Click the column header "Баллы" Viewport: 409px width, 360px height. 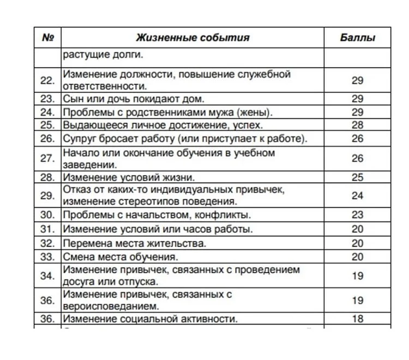pos(357,38)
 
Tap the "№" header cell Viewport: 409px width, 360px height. pos(48,38)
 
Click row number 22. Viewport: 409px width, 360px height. pos(48,80)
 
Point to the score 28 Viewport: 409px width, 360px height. pos(357,125)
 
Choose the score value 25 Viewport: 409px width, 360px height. pos(357,177)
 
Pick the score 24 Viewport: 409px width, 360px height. pos(357,196)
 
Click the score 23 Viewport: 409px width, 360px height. pos(357,214)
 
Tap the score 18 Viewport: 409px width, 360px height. pos(357,319)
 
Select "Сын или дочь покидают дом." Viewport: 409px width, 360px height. pos(133,99)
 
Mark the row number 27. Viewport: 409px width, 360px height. pos(48,159)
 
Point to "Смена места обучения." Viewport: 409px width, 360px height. pos(122,256)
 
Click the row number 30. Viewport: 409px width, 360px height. pos(48,214)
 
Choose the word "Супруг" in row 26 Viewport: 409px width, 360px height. pos(80,139)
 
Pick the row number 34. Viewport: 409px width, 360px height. pos(48,276)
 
